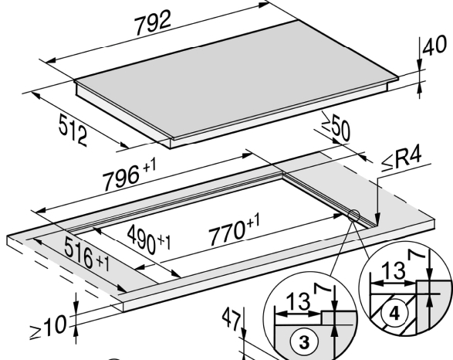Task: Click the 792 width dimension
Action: [153, 23]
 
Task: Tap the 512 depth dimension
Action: [73, 130]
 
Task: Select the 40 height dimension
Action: [434, 46]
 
